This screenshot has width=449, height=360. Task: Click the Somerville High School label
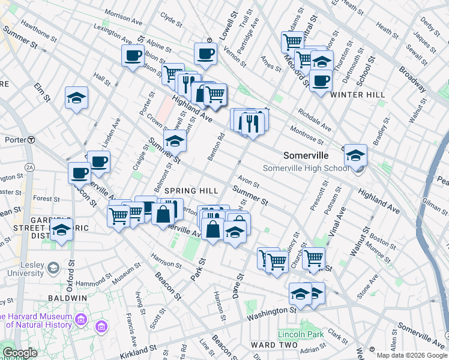tap(306, 168)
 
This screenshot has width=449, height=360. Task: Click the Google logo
tap(20, 353)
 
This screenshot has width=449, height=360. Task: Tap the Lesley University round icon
tap(54, 267)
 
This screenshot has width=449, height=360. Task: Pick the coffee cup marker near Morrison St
tap(133, 56)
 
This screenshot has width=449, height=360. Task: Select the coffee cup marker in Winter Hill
tap(321, 80)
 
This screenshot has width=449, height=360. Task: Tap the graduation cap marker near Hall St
tap(77, 98)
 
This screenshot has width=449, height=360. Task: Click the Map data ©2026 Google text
tap(412, 355)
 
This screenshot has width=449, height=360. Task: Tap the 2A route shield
tap(29, 167)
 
